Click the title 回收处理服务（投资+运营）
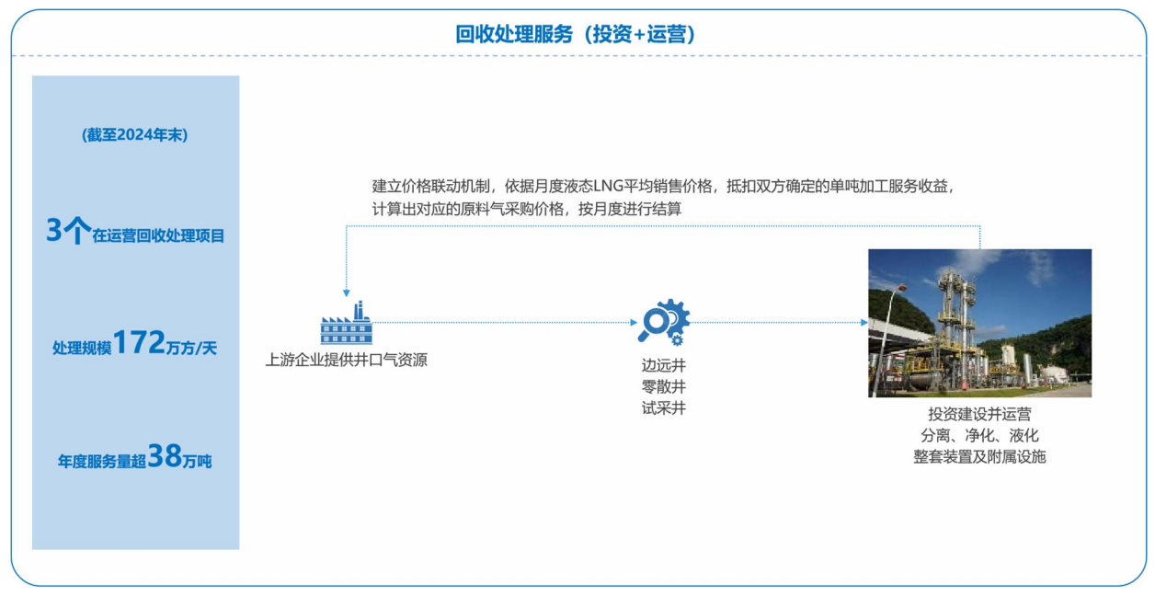[576, 34]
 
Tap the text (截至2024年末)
[134, 135]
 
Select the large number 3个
[68, 230]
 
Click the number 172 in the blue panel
[139, 342]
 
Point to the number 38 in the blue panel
[165, 455]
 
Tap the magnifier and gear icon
[664, 322]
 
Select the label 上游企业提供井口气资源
[347, 360]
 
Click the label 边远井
[664, 365]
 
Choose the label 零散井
[664, 386]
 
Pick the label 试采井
[664, 407]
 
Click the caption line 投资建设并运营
[979, 414]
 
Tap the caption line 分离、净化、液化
[979, 436]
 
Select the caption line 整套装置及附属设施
[979, 457]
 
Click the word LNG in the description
[609, 186]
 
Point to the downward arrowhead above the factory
[347, 292]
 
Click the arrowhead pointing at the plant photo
[864, 323]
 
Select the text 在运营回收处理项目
[158, 236]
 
